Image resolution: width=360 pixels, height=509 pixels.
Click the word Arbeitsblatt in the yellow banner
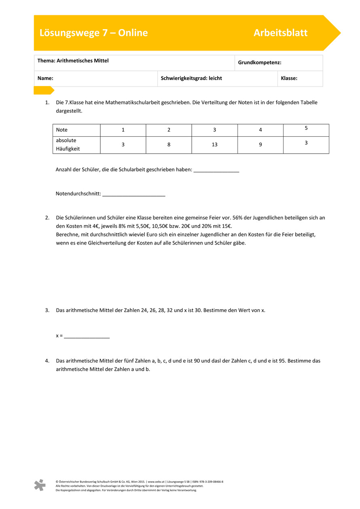click(x=280, y=33)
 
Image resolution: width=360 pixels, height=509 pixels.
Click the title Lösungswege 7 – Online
click(x=93, y=33)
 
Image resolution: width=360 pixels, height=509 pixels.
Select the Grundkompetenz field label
click(x=260, y=63)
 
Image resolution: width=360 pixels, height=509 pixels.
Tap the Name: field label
click(x=46, y=78)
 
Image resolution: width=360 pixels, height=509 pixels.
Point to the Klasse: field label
click(x=289, y=78)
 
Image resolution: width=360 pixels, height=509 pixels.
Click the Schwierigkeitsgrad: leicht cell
click(x=191, y=78)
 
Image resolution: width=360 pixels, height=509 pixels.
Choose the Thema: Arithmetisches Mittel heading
click(x=73, y=61)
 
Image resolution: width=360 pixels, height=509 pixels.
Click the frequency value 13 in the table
click(x=214, y=145)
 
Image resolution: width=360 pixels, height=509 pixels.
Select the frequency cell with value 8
click(x=169, y=145)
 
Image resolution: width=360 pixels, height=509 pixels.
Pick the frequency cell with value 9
click(x=260, y=145)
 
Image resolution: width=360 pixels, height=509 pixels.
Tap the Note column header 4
click(x=260, y=130)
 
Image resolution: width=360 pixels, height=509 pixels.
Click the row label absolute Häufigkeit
click(x=68, y=144)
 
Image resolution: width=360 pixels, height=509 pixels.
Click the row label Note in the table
click(x=62, y=130)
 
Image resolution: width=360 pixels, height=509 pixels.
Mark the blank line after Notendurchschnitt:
click(x=134, y=194)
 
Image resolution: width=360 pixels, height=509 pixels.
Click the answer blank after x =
click(x=87, y=336)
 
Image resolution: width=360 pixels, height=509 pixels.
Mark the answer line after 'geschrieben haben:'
click(x=216, y=170)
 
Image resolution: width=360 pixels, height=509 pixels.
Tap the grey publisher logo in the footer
click(x=40, y=485)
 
